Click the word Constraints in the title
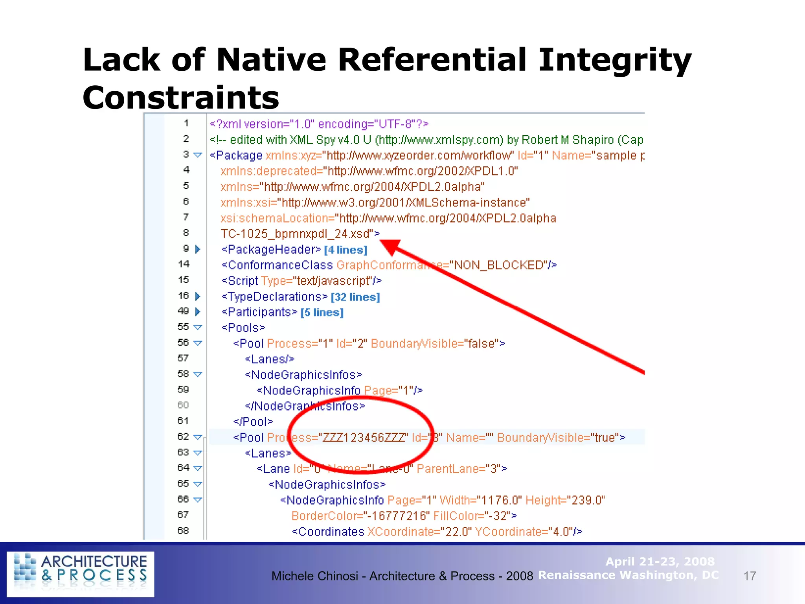tap(180, 98)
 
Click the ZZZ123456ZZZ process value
tap(363, 437)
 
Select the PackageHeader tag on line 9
tap(271, 249)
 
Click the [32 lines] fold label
tap(355, 297)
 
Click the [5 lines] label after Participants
tap(322, 313)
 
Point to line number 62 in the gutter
tap(183, 436)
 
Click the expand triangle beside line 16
tap(198, 296)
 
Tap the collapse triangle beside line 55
tap(198, 327)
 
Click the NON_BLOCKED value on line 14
tap(499, 265)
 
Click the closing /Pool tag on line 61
tap(253, 422)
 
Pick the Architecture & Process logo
tap(81, 574)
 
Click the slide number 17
tap(750, 576)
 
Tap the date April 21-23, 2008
tap(660, 561)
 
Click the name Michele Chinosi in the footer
tap(314, 576)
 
